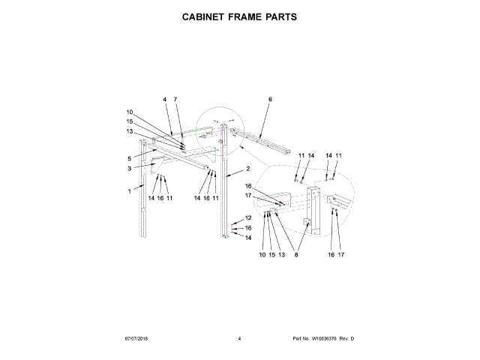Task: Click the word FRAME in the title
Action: tap(247, 16)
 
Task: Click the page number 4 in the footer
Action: tap(239, 339)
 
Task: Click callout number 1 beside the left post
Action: tap(129, 191)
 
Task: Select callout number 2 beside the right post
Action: tap(248, 169)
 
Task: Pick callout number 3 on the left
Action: tap(129, 169)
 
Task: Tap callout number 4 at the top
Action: tap(164, 99)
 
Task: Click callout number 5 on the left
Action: tap(129, 158)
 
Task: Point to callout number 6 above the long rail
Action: tap(270, 99)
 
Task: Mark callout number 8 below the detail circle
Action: tap(296, 255)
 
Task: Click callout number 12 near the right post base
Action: tap(248, 217)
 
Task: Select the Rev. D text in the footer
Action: tap(346, 339)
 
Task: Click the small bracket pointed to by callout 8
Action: tap(307, 223)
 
